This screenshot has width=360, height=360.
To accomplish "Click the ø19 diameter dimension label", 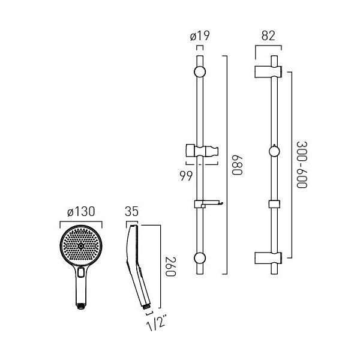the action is (200, 36).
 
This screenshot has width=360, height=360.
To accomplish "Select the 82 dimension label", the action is (268, 36).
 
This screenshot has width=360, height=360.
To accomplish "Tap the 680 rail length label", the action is (238, 165).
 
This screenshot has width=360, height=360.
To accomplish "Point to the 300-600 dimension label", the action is (302, 165).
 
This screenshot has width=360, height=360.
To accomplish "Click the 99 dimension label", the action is (186, 176).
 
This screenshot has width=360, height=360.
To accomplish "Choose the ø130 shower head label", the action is (81, 211).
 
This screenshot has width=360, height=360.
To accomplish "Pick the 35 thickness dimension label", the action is (132, 211).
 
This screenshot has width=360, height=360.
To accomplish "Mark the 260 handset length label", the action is (170, 266).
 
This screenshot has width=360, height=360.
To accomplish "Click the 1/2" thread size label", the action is (156, 324).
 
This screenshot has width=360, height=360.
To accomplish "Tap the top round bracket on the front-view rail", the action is (200, 72).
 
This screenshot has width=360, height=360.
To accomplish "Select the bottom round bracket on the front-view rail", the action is (200, 258).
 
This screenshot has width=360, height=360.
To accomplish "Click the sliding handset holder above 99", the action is (202, 151).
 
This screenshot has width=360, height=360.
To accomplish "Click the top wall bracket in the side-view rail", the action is (268, 72).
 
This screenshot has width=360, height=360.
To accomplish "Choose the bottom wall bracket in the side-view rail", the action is (268, 258).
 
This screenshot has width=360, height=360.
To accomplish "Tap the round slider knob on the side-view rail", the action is (274, 151).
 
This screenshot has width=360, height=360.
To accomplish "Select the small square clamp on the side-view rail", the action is (274, 204).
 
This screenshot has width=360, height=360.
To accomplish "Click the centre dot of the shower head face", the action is (81, 246).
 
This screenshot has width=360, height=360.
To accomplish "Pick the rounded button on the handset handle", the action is (81, 273).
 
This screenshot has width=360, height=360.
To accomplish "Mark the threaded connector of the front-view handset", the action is (81, 306).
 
